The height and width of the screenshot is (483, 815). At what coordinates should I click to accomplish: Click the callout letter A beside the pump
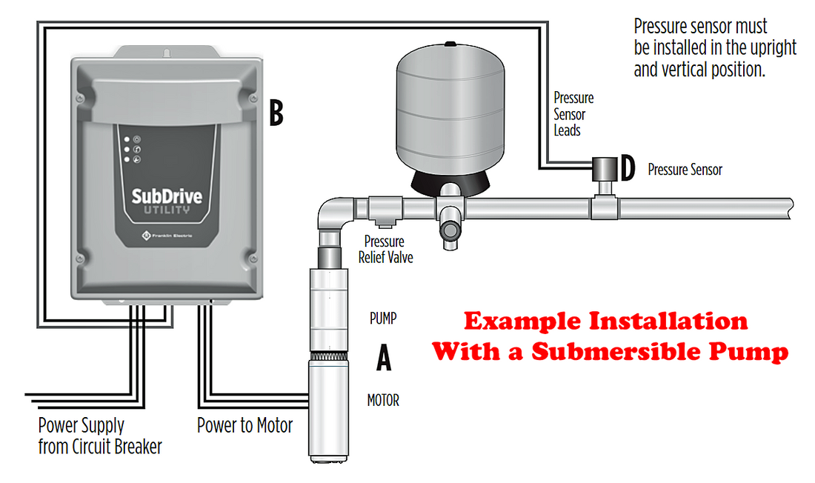383,359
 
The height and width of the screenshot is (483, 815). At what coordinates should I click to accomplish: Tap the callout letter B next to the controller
275,113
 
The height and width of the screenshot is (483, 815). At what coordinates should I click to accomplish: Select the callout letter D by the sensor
628,169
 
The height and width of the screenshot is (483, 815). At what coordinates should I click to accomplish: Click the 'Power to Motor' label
245,426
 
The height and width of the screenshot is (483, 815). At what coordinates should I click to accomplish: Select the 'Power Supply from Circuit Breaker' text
99,436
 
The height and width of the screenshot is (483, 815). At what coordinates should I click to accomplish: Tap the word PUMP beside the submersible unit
384,320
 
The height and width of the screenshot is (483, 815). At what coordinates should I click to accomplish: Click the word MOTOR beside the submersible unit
383,401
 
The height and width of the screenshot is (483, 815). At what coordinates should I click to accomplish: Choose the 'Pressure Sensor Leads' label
573,114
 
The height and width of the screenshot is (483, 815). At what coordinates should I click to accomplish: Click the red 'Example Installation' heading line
605,322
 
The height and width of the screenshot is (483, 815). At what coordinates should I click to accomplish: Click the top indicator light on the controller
127,139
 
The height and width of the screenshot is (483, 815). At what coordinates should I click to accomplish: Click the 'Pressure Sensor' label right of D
685,170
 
